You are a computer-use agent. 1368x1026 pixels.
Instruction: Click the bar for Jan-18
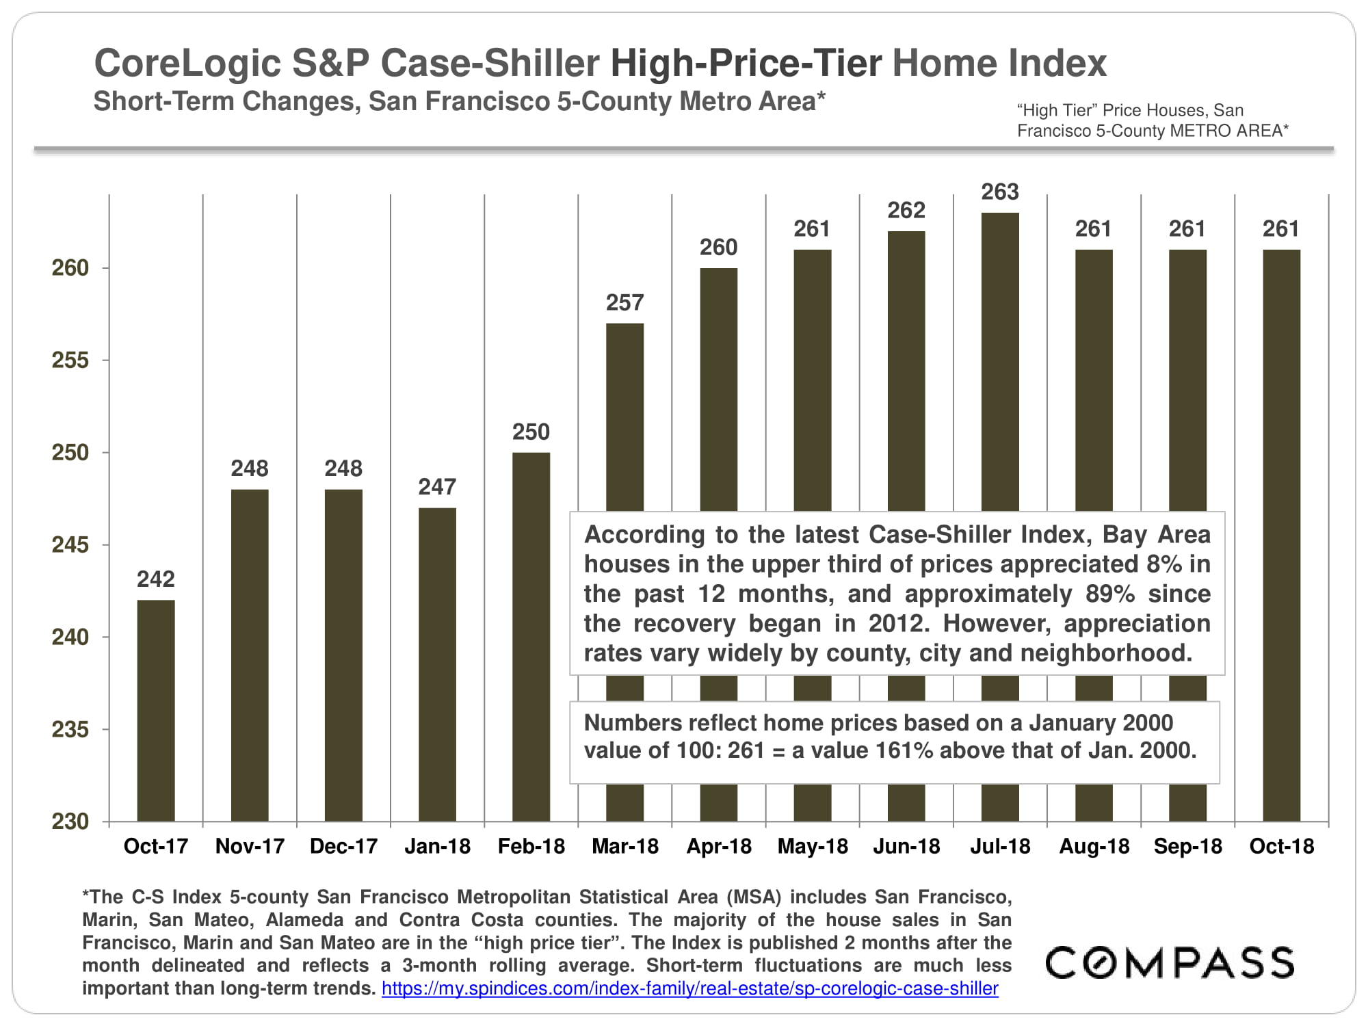[437, 663]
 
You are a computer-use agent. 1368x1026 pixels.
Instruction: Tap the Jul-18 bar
[1000, 363]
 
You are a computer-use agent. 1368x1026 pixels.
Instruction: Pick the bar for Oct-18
[1281, 534]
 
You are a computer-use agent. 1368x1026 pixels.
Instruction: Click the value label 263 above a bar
[1000, 192]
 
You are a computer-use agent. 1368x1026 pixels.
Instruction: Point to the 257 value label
[624, 303]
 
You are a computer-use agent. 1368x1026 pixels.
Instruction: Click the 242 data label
[156, 579]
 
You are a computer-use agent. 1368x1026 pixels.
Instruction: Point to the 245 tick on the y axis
[70, 545]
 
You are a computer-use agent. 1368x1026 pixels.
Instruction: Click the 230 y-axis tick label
[70, 821]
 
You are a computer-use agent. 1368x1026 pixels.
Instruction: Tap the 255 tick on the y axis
[70, 360]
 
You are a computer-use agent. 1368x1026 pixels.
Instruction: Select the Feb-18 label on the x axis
[531, 847]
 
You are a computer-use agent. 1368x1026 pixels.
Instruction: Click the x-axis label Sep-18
[1188, 847]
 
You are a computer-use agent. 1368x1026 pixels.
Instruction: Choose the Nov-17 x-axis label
[250, 847]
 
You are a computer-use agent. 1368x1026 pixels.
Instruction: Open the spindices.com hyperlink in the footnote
[689, 989]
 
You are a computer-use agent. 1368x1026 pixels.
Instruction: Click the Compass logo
[1170, 962]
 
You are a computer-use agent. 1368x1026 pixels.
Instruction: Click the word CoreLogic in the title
[187, 64]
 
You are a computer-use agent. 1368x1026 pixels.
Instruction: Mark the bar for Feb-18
[531, 636]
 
